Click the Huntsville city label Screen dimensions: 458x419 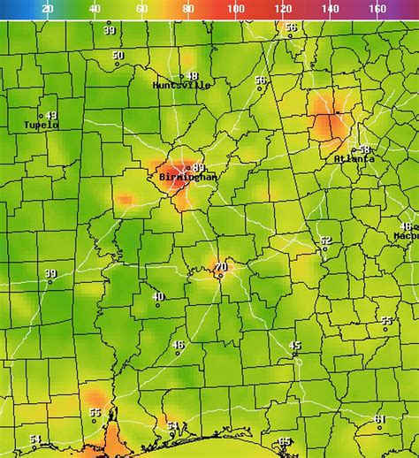[x=181, y=86]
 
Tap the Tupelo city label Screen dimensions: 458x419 [x=42, y=126]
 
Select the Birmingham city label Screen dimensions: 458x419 [x=188, y=178]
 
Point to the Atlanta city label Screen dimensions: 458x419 [x=354, y=159]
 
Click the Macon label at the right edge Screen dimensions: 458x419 [x=407, y=237]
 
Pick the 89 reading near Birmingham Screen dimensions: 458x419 [x=199, y=168]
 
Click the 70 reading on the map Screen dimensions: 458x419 [x=221, y=267]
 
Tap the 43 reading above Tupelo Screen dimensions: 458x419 [x=51, y=116]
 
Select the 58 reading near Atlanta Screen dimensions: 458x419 [x=364, y=149]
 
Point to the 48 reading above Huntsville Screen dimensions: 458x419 [x=192, y=76]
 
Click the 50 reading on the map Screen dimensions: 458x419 [x=118, y=56]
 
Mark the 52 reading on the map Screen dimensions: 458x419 [x=325, y=240]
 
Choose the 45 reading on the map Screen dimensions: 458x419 [x=295, y=346]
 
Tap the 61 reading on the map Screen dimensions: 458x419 [x=379, y=419]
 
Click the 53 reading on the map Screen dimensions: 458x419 [x=172, y=426]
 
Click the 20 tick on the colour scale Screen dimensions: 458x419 [x=47, y=8]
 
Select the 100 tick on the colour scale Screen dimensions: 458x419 [x=236, y=8]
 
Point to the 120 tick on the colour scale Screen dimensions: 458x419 [x=283, y=8]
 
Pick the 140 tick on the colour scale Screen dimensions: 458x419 [x=330, y=8]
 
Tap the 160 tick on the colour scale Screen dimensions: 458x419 [x=377, y=8]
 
